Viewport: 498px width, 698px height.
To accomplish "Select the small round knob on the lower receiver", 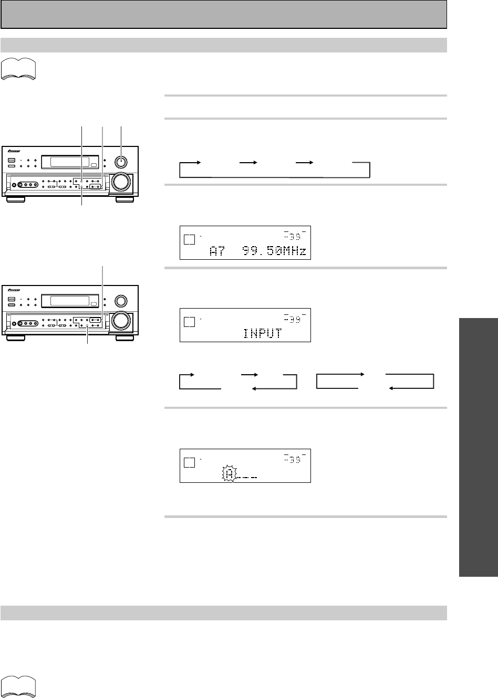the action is [121, 301].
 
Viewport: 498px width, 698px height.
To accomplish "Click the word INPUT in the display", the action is [263, 333].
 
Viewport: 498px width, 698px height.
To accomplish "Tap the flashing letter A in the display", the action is [230, 474].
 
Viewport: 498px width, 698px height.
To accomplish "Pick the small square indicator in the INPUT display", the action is [190, 322].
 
